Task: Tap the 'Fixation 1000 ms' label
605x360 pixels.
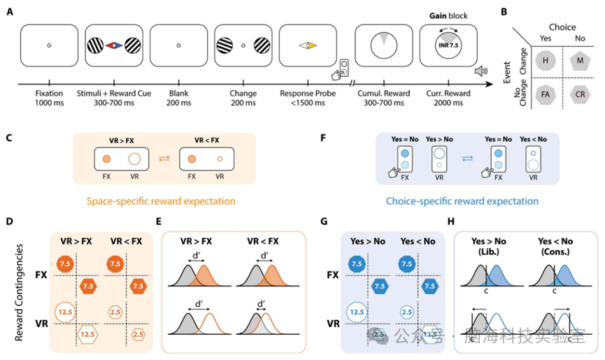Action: pyautogui.click(x=49, y=99)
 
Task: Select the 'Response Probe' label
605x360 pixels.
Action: pyautogui.click(x=308, y=94)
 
